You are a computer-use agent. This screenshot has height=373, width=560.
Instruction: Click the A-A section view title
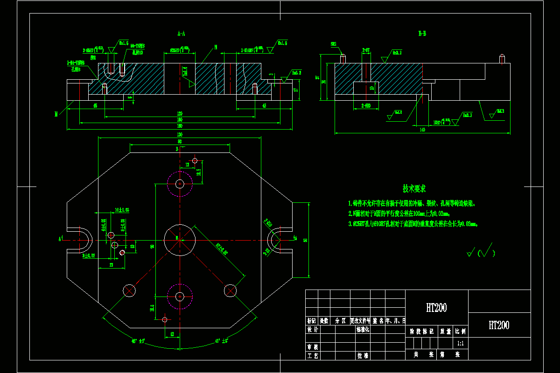(x=182, y=34)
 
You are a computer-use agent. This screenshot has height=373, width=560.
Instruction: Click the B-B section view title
(x=422, y=34)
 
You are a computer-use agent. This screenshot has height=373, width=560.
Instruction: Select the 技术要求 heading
(x=414, y=189)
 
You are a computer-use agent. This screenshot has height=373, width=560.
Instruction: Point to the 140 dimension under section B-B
(x=422, y=130)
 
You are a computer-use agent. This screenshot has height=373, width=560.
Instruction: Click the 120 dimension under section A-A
(x=179, y=114)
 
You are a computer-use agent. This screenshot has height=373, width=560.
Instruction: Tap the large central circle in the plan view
(x=177, y=239)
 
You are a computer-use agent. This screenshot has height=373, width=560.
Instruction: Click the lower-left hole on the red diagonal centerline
(x=129, y=290)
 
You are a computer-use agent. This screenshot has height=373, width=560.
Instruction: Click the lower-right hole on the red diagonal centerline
(x=230, y=290)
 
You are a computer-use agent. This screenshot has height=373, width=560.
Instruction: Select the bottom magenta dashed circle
(x=180, y=296)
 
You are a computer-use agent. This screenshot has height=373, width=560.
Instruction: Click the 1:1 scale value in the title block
(x=461, y=343)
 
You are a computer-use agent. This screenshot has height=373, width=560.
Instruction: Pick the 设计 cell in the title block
(x=312, y=330)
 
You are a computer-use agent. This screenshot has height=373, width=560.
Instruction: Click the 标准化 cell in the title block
(x=363, y=330)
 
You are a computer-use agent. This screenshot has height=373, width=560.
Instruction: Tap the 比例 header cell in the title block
(x=461, y=332)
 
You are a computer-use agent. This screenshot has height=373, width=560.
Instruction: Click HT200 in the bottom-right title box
(x=499, y=325)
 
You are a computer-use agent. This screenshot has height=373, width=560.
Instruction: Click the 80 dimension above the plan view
(x=179, y=141)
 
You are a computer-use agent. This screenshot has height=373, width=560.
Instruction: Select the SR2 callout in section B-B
(x=334, y=44)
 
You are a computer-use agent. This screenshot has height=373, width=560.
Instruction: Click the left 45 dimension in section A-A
(x=95, y=106)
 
